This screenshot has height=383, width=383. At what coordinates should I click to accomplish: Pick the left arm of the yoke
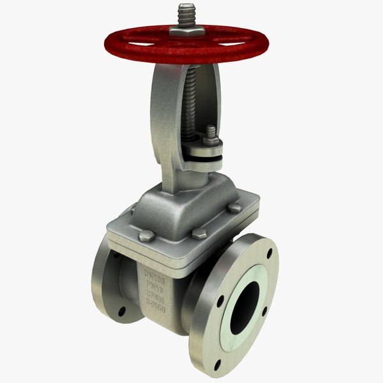163,128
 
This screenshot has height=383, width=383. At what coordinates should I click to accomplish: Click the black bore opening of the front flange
242,303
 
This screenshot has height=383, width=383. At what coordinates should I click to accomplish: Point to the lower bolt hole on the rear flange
122,313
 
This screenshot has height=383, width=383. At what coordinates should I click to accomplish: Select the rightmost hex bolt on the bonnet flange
236,207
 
